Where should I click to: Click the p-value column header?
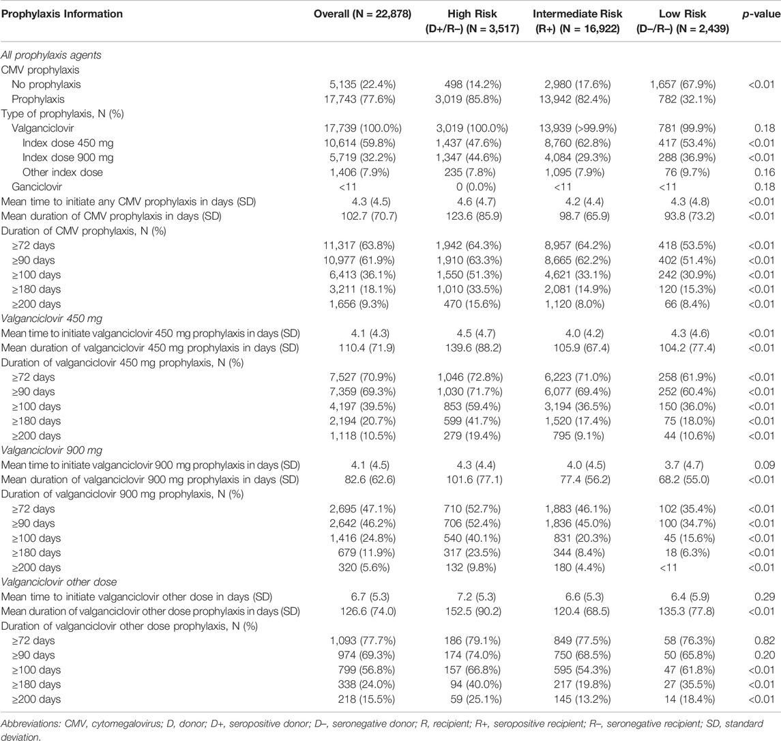[761, 14]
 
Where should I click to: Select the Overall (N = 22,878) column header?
[362, 14]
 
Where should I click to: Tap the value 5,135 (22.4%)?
[362, 84]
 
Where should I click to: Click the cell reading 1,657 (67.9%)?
[682, 84]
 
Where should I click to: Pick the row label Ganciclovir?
[37, 187]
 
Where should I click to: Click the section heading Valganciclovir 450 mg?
[51, 319]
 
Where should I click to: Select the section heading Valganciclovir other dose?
[59, 582]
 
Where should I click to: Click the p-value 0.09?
[765, 465]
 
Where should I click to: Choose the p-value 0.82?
[765, 641]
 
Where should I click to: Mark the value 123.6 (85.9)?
[472, 216]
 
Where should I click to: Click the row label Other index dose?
[62, 173]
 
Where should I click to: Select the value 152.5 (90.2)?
[472, 611]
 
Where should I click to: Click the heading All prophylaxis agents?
[50, 55]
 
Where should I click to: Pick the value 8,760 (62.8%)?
[577, 143]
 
